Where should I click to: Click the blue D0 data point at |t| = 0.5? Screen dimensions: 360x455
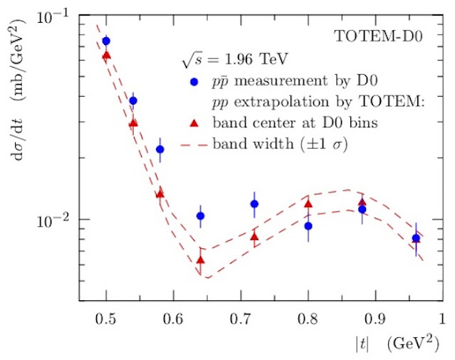pos(106,41)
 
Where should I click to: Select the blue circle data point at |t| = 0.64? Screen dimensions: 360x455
pos(201,216)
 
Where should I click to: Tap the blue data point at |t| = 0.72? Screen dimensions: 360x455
pos(254,204)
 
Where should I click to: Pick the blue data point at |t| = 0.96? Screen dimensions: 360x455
pos(416,238)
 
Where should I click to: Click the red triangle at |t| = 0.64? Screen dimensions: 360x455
pos(201,260)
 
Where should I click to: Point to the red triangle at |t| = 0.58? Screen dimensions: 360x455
pos(160,194)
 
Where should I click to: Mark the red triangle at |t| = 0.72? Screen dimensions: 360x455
pos(254,236)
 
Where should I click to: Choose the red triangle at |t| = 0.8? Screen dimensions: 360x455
pos(308,204)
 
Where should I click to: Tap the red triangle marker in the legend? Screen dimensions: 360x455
pos(194,122)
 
